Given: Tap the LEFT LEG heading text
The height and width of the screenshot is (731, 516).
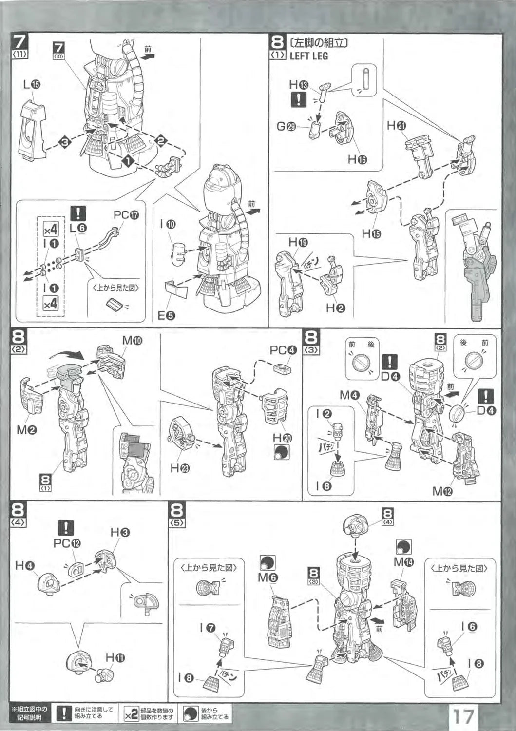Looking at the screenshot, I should coord(308,56).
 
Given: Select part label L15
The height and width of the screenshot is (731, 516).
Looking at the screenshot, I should coord(32,84).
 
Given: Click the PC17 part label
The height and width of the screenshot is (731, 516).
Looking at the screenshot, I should coord(126,214).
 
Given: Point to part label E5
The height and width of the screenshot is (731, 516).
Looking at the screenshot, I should coord(166,315).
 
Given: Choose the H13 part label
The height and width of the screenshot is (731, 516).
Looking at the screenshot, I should coord(298,84).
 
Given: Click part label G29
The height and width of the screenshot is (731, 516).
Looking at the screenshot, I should coord(286,126).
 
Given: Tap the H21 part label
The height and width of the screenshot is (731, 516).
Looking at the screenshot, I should coord(396,125).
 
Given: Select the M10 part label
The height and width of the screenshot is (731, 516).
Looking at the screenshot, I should coord(132,340).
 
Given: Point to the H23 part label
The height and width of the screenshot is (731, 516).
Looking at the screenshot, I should coord(180,468).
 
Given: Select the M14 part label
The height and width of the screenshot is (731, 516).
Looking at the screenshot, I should coord(404,562).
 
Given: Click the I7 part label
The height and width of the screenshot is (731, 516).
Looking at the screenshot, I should coord(207,628).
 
